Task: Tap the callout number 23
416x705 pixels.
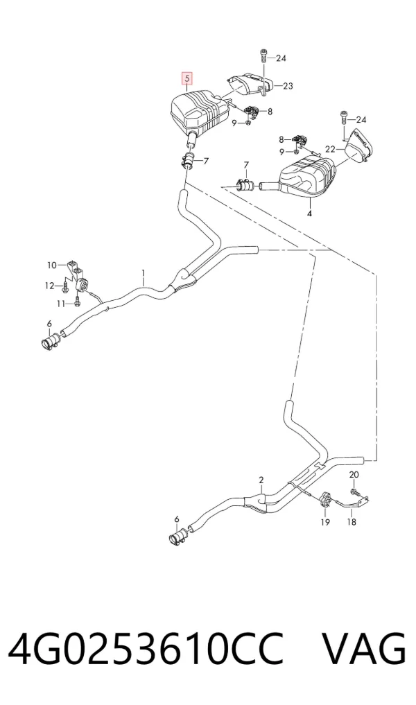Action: [x=288, y=85]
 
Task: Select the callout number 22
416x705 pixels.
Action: [x=330, y=149]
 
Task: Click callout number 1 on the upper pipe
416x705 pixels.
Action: [x=144, y=272]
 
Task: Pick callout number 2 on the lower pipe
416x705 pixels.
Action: [x=261, y=480]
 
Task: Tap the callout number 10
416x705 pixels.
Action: [x=52, y=266]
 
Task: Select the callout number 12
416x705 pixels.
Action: [x=49, y=286]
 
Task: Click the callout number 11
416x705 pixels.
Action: [x=61, y=304]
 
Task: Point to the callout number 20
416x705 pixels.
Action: [x=354, y=474]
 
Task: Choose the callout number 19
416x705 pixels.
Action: [x=325, y=522]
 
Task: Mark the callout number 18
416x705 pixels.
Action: [x=352, y=522]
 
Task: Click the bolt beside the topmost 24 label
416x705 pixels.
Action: [x=263, y=58]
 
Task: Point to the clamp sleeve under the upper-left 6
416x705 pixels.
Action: [x=51, y=340]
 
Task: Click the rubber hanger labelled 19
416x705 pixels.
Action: [x=325, y=500]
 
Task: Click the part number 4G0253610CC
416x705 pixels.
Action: [x=146, y=650]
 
